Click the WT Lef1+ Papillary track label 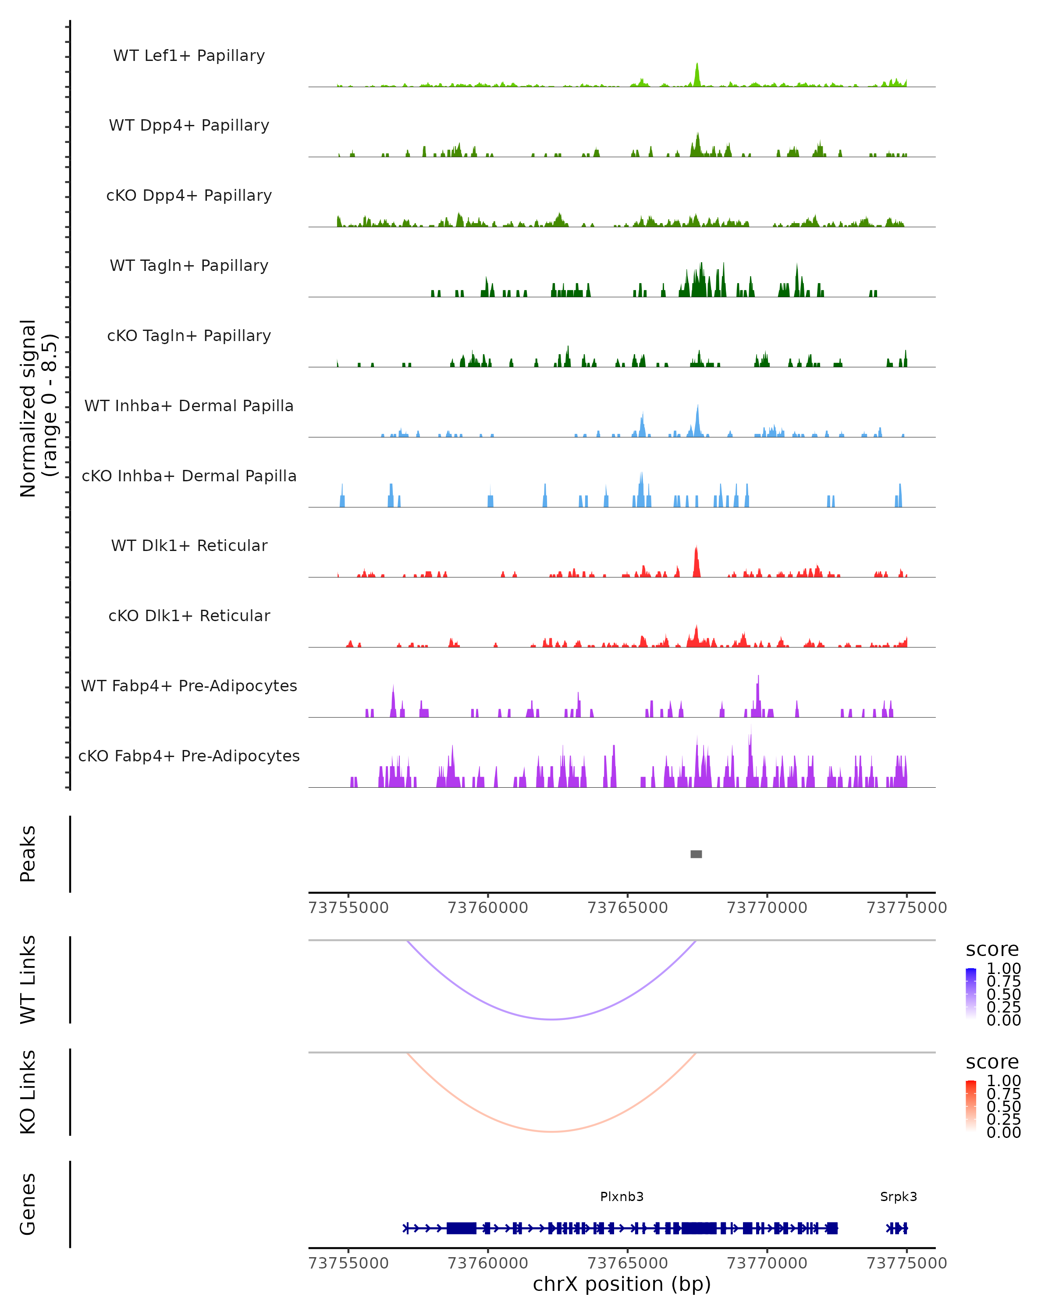[x=189, y=56]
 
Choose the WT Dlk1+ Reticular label [x=189, y=545]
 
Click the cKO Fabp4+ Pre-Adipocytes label [x=189, y=756]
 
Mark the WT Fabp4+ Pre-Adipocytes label [x=189, y=686]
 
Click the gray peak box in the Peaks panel [x=696, y=854]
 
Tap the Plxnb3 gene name [x=622, y=1196]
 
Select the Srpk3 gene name [x=898, y=1196]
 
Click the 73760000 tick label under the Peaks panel [x=488, y=908]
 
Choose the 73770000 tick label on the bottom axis [x=767, y=1262]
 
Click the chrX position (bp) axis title [x=622, y=1284]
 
